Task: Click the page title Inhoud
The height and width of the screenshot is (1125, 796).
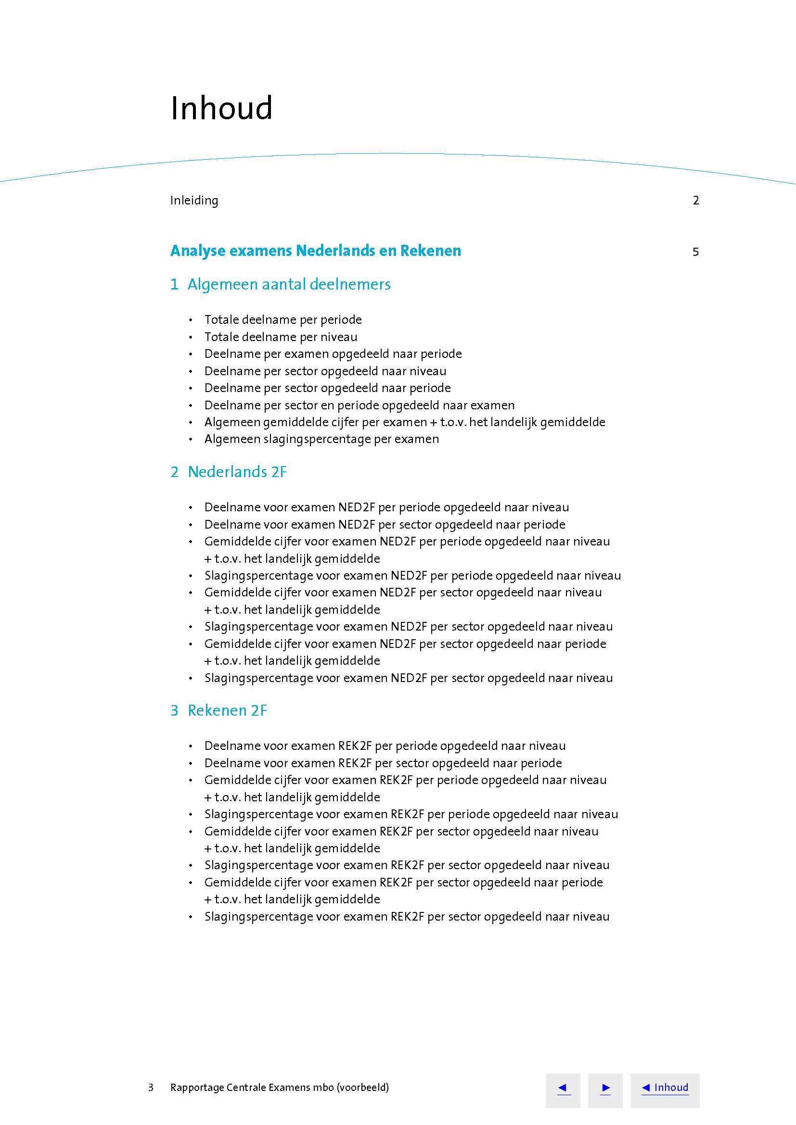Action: point(221,108)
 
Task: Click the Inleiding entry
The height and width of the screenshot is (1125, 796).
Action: point(194,201)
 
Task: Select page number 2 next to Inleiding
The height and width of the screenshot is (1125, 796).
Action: point(695,201)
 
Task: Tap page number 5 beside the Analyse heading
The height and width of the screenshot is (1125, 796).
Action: point(695,252)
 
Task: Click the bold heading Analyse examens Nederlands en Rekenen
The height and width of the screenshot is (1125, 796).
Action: point(315,251)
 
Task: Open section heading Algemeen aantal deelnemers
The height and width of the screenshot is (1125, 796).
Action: point(289,284)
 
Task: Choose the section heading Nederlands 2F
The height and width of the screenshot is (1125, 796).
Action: point(237,472)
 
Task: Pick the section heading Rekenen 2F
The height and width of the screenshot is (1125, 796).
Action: point(227,710)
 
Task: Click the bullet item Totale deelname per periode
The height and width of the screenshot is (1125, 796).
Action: point(283,320)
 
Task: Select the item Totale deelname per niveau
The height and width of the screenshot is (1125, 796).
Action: point(281,337)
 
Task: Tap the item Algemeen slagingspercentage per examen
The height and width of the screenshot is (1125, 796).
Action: point(321,439)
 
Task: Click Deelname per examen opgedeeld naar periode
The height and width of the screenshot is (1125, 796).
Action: point(333,354)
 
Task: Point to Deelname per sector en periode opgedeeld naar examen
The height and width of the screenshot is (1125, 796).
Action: point(359,405)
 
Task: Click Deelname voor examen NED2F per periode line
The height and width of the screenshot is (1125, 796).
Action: point(386,507)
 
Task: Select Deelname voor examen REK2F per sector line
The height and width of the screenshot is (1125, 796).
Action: point(383,763)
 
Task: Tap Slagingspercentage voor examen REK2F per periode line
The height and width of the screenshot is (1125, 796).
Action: point(411,814)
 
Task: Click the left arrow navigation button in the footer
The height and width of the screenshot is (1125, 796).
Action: point(563,1088)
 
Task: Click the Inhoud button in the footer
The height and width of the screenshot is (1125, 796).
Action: point(665,1088)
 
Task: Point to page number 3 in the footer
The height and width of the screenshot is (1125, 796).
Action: point(151,1088)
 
